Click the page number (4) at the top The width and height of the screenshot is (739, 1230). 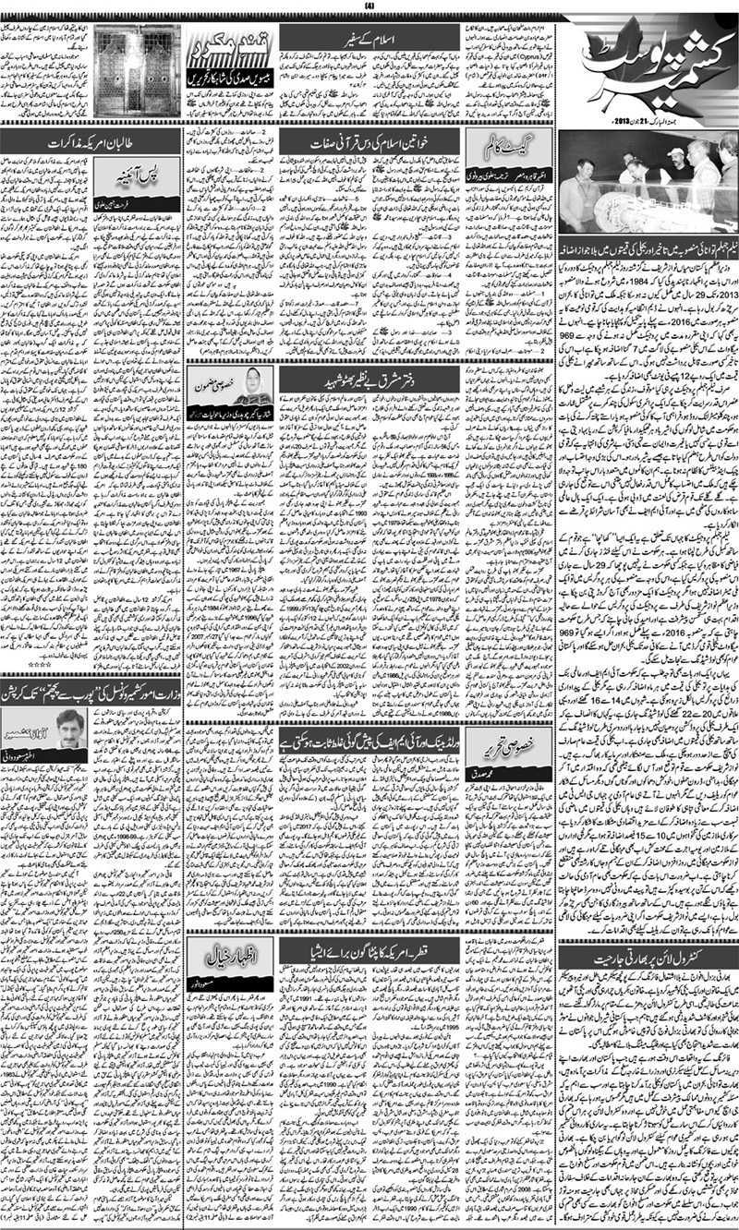(x=369, y=8)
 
